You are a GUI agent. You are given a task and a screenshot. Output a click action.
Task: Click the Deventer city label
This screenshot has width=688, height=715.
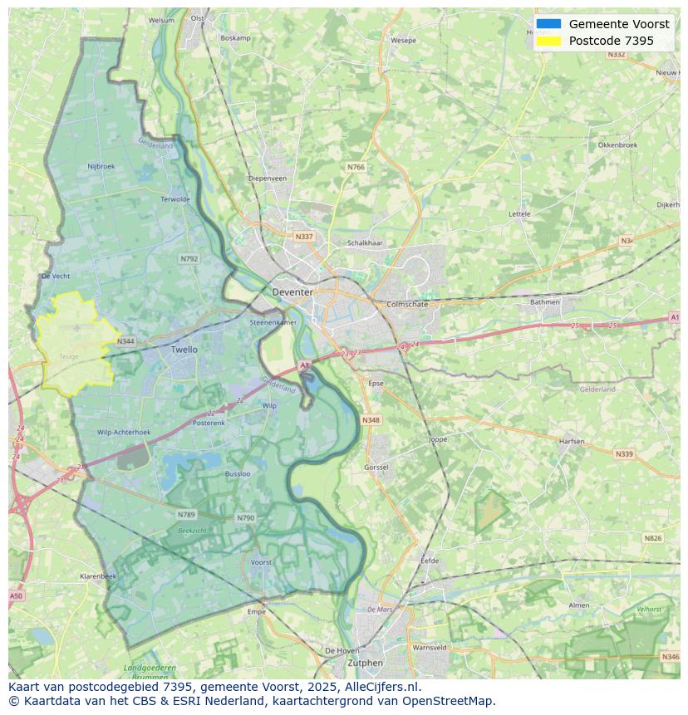click(x=292, y=292)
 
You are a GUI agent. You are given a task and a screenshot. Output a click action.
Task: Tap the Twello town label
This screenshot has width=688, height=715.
click(x=184, y=350)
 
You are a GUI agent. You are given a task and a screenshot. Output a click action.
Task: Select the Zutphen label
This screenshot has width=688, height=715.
click(x=366, y=663)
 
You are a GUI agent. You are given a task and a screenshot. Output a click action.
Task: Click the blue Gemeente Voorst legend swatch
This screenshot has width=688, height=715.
click(x=548, y=24)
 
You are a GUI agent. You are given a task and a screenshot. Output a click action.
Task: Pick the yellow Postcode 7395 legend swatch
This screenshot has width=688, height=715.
click(x=548, y=41)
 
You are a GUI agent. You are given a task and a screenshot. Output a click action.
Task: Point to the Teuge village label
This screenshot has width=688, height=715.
click(x=69, y=356)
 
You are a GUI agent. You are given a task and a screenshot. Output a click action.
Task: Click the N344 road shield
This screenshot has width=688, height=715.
click(x=125, y=341)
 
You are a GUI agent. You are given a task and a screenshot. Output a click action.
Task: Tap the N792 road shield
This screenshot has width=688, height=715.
click(x=189, y=259)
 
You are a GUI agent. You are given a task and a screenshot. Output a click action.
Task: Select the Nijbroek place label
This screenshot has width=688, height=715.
click(x=101, y=166)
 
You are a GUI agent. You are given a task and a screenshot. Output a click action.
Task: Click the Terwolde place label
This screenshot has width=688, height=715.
click(x=175, y=199)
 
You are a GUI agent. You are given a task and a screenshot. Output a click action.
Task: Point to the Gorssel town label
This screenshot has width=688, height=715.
click(x=376, y=468)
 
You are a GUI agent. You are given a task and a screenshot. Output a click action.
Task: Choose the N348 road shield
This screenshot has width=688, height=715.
click(x=371, y=420)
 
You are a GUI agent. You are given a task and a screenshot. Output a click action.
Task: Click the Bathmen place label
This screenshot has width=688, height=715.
click(x=545, y=301)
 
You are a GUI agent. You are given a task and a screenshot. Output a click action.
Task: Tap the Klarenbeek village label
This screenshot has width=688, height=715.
click(x=98, y=575)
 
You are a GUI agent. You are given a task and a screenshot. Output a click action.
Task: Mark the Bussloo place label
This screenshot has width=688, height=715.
click(x=238, y=474)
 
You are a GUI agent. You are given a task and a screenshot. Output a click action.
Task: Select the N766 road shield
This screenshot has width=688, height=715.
click(x=356, y=167)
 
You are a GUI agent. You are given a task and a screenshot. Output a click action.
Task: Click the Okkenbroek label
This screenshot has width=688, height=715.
click(x=617, y=144)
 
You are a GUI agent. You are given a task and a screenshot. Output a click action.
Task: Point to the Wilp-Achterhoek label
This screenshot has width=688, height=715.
click(x=124, y=432)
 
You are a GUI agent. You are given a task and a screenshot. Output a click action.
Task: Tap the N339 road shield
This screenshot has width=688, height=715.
click(x=623, y=454)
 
